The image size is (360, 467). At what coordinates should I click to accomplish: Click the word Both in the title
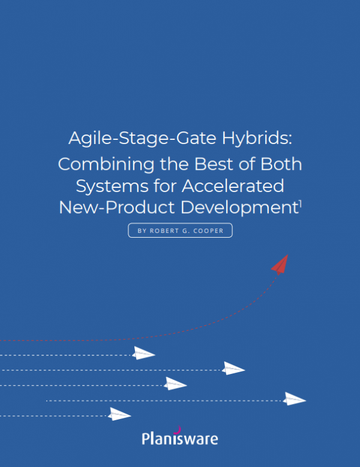click(280, 163)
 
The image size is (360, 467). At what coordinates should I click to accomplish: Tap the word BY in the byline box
click(142, 230)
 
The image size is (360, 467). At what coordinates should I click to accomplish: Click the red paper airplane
click(280, 264)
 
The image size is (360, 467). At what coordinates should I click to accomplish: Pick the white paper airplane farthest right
click(295, 399)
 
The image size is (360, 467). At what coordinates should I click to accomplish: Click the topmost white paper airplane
click(143, 353)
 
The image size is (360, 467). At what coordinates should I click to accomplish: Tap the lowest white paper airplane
click(119, 414)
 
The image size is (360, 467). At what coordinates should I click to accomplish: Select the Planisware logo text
click(179, 439)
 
